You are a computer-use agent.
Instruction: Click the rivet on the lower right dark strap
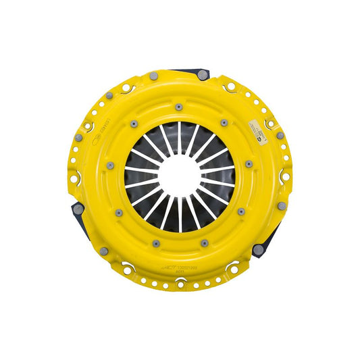click(257, 249)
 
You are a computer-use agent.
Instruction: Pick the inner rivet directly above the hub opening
click(178, 107)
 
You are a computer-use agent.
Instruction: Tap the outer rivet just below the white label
click(280, 135)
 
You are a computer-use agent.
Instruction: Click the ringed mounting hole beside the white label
click(271, 124)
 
